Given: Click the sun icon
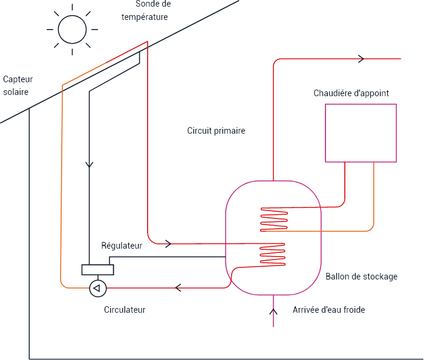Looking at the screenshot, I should (x=71, y=28).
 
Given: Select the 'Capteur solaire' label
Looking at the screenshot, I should (x=18, y=85).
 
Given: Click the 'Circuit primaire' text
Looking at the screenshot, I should (x=216, y=131).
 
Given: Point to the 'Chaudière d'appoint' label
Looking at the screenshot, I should (x=351, y=93).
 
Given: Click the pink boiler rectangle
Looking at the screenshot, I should (x=360, y=133).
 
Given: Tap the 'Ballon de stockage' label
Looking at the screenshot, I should (x=361, y=277).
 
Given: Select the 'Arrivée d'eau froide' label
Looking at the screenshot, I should (x=328, y=310).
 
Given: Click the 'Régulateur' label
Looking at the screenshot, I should (x=122, y=246).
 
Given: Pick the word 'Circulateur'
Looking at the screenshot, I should (x=125, y=310).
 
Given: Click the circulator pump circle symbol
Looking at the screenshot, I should (x=97, y=288).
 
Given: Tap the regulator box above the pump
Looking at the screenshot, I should (x=97, y=270).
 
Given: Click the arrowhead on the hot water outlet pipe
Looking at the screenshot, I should (x=362, y=59).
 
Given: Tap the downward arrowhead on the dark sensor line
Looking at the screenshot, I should (x=89, y=164).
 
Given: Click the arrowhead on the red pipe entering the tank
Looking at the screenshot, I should (x=168, y=244).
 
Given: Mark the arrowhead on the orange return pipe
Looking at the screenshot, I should (x=179, y=287).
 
